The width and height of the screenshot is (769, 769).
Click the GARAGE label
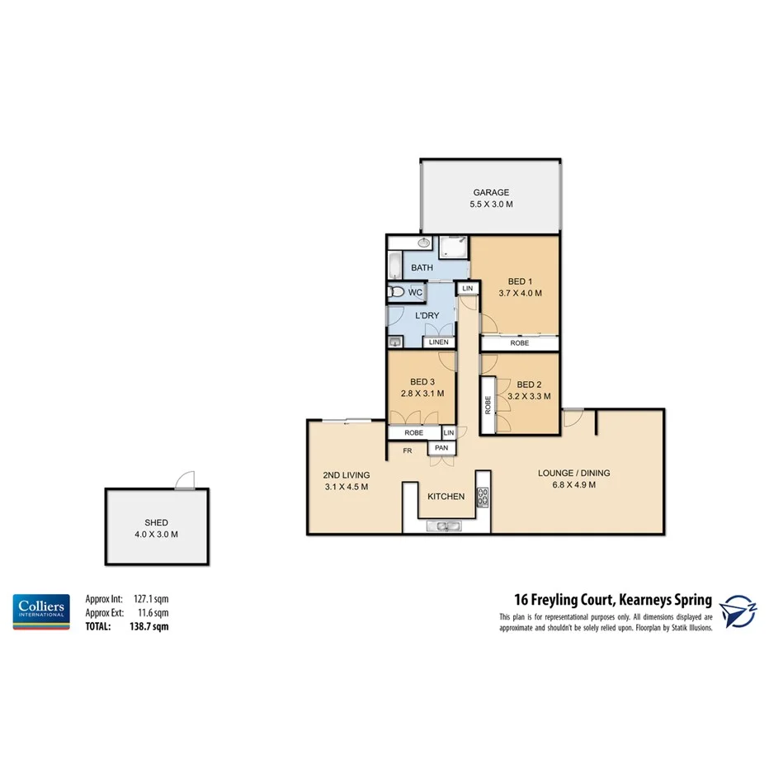[491, 193]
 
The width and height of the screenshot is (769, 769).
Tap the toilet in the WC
[397, 292]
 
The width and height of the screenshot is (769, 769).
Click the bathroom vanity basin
[424, 243]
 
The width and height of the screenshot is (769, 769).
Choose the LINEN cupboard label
[438, 342]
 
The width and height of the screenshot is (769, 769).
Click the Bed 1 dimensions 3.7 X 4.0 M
[521, 293]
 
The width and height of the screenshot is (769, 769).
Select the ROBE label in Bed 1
[520, 342]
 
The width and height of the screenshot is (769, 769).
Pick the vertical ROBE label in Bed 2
[488, 404]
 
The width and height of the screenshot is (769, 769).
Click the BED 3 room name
[422, 382]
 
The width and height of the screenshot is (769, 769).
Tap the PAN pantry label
[440, 449]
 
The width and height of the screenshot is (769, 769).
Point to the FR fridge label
[408, 451]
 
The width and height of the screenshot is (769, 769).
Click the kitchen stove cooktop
[483, 497]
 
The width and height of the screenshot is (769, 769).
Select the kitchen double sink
[444, 526]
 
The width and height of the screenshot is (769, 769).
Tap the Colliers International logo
[40, 611]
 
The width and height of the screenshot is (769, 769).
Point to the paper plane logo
[739, 611]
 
